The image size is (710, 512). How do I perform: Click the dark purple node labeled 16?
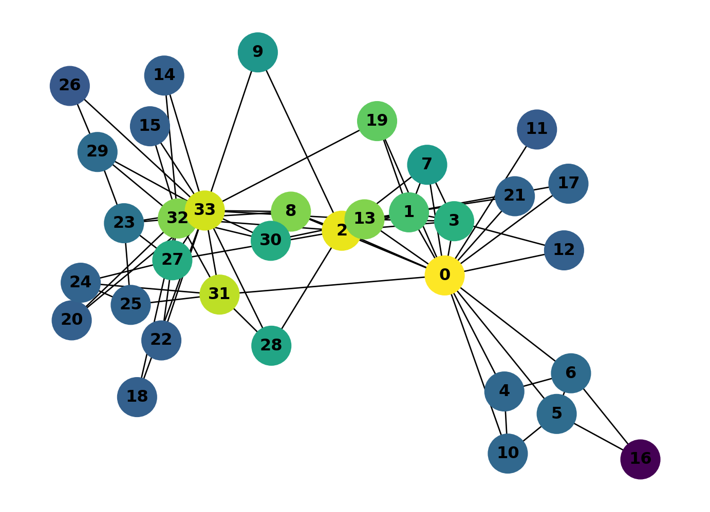(x=640, y=459)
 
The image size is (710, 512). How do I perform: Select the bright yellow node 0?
(x=444, y=275)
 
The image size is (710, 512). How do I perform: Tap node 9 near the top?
(x=257, y=52)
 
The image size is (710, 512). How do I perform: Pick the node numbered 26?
(x=70, y=86)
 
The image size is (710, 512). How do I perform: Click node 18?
(x=137, y=397)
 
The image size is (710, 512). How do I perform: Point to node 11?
(x=536, y=129)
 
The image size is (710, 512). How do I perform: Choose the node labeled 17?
(x=568, y=184)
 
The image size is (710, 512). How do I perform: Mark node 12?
(x=564, y=250)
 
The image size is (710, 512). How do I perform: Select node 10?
(x=507, y=454)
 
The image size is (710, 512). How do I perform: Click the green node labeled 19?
(x=377, y=121)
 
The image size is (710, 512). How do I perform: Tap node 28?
(x=271, y=345)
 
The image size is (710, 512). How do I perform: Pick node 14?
(x=164, y=75)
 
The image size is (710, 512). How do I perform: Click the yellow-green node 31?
(x=219, y=294)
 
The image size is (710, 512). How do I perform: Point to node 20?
(x=71, y=320)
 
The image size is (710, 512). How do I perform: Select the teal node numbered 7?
(x=426, y=165)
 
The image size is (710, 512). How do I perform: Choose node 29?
(x=97, y=152)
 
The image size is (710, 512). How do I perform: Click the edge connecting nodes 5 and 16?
(x=599, y=437)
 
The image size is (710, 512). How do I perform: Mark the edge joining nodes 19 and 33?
(x=291, y=166)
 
